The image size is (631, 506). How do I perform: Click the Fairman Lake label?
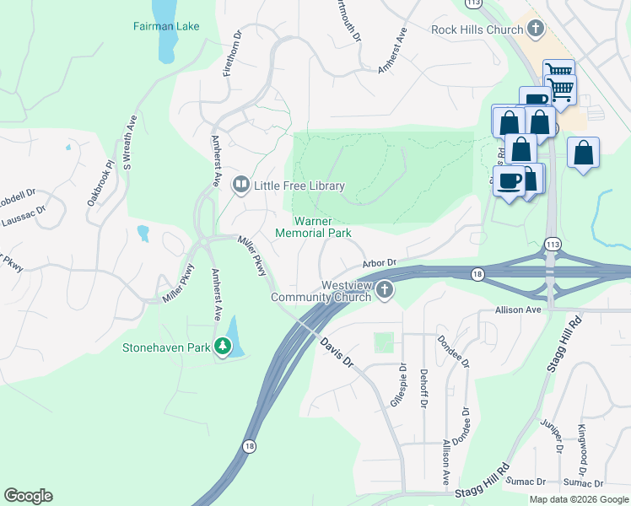tap(166, 26)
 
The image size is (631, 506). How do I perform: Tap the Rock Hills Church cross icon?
tap(534, 30)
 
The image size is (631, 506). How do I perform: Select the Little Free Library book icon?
tap(241, 185)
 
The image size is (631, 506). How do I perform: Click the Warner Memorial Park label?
tap(314, 226)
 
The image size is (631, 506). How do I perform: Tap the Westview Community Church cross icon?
tap(385, 290)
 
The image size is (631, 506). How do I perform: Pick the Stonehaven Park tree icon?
tap(223, 346)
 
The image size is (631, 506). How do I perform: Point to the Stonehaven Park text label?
tap(166, 347)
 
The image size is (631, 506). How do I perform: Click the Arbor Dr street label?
tap(380, 264)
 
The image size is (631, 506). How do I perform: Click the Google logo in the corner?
tap(28, 496)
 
